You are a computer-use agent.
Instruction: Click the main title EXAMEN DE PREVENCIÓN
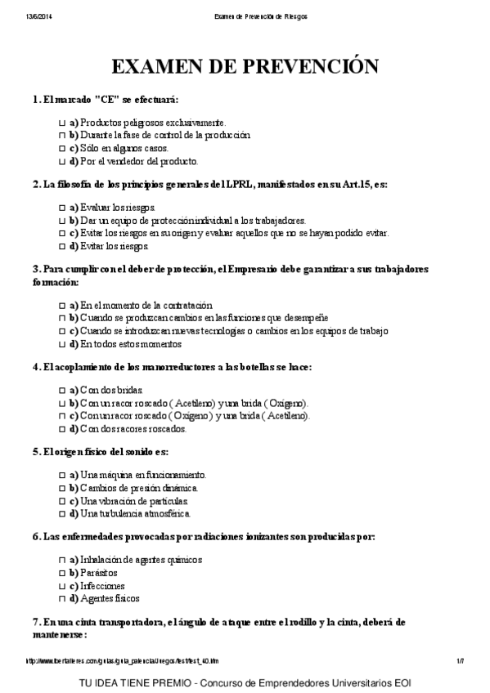point(245,67)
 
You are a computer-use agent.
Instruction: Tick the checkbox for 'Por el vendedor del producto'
point(62,161)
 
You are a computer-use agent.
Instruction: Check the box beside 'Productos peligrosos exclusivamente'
point(62,122)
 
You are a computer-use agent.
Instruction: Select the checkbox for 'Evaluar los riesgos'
point(62,208)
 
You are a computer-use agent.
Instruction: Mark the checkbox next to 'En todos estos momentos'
point(62,344)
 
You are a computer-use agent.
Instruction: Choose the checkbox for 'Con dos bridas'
point(62,390)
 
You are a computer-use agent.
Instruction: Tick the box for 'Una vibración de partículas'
point(62,500)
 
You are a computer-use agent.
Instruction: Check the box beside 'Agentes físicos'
point(62,599)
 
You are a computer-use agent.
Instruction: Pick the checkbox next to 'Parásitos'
point(62,573)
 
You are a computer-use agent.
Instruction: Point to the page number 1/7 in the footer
point(460,660)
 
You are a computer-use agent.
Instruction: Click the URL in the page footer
point(123,660)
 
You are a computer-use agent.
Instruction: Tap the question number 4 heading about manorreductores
point(172,367)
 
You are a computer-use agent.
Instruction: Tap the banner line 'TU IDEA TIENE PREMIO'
point(245,680)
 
